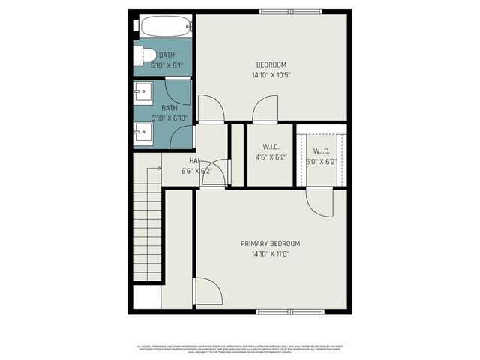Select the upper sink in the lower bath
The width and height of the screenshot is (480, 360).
click(143, 94)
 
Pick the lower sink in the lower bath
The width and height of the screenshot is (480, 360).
click(143, 134)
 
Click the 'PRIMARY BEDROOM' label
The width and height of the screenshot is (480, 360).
click(270, 244)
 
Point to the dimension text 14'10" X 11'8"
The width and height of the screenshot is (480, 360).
click(270, 254)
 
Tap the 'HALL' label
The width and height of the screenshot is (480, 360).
click(196, 161)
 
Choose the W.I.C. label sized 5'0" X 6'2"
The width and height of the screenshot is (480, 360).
click(322, 151)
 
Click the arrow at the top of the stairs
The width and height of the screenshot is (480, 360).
click(156, 169)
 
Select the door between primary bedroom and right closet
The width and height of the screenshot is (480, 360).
click(319, 202)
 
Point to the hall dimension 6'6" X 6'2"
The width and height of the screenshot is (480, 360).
click(196, 171)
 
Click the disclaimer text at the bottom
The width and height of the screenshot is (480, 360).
click(240, 348)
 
